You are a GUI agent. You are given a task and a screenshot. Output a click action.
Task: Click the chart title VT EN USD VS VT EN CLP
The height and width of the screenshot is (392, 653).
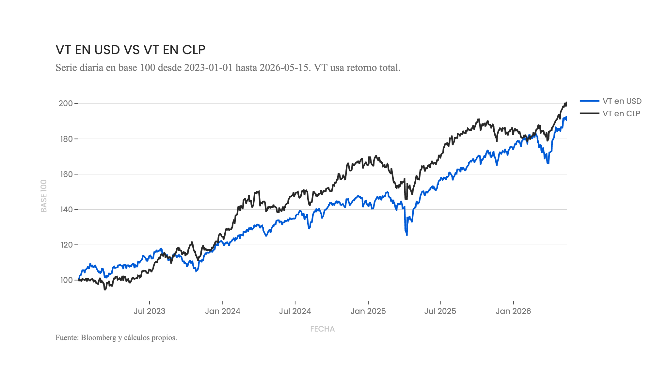(x=131, y=50)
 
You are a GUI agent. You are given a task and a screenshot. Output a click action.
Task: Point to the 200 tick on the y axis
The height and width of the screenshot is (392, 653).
(x=66, y=104)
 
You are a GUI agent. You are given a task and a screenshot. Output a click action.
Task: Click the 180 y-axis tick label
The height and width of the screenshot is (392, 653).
(x=66, y=139)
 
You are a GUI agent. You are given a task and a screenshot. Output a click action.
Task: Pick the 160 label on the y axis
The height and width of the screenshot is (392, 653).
(x=66, y=174)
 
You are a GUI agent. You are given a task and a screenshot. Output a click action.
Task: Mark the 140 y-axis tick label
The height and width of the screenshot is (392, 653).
(x=66, y=209)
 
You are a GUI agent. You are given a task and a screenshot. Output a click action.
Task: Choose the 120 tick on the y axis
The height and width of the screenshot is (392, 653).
(x=66, y=245)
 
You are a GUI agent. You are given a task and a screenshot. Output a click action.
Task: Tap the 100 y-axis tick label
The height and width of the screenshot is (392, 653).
(x=66, y=280)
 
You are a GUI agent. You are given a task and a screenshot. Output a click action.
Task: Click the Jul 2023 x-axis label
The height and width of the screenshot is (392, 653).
(x=150, y=311)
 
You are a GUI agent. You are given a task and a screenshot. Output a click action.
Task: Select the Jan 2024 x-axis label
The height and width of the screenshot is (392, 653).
(x=223, y=311)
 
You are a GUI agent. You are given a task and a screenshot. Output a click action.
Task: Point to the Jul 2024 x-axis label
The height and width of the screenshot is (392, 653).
(x=295, y=311)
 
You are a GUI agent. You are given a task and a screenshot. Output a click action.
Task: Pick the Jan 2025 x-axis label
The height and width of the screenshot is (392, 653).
(x=368, y=311)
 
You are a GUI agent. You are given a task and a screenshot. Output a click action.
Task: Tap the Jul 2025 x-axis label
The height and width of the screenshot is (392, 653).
(x=440, y=311)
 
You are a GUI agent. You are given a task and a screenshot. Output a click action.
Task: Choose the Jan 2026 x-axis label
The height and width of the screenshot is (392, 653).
(x=513, y=311)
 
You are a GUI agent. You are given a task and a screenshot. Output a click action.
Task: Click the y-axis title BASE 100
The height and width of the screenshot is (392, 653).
(x=44, y=196)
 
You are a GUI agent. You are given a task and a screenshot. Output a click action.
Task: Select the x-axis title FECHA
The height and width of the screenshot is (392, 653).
(x=323, y=329)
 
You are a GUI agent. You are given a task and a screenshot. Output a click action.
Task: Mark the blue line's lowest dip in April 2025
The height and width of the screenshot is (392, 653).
(x=407, y=235)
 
